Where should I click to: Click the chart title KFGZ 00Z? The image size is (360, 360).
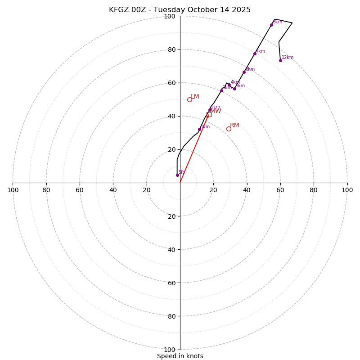[x=180, y=10]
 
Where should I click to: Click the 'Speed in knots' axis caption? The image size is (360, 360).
[x=180, y=356]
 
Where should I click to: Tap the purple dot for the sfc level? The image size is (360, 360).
[x=177, y=175]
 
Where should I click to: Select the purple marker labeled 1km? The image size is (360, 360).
[x=199, y=129]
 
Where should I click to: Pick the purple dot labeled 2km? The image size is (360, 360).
[x=210, y=110]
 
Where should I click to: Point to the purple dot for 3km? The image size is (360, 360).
[x=221, y=90]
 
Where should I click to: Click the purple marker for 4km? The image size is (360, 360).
[x=229, y=85]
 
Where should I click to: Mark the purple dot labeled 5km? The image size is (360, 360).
[x=234, y=89]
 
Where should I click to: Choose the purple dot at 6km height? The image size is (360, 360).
[x=244, y=72]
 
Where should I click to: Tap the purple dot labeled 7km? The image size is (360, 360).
[x=255, y=54]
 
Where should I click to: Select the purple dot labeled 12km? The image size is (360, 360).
[x=280, y=60]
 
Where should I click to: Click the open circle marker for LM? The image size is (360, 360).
[x=189, y=99]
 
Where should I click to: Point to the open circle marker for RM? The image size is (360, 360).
[x=229, y=129]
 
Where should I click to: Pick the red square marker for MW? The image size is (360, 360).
[x=209, y=114]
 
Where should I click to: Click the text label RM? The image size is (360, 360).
[x=234, y=126]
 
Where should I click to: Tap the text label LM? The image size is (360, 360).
[x=195, y=97]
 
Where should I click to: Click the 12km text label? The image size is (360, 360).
[x=288, y=58]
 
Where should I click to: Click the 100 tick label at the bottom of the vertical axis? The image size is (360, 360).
[x=170, y=350]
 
